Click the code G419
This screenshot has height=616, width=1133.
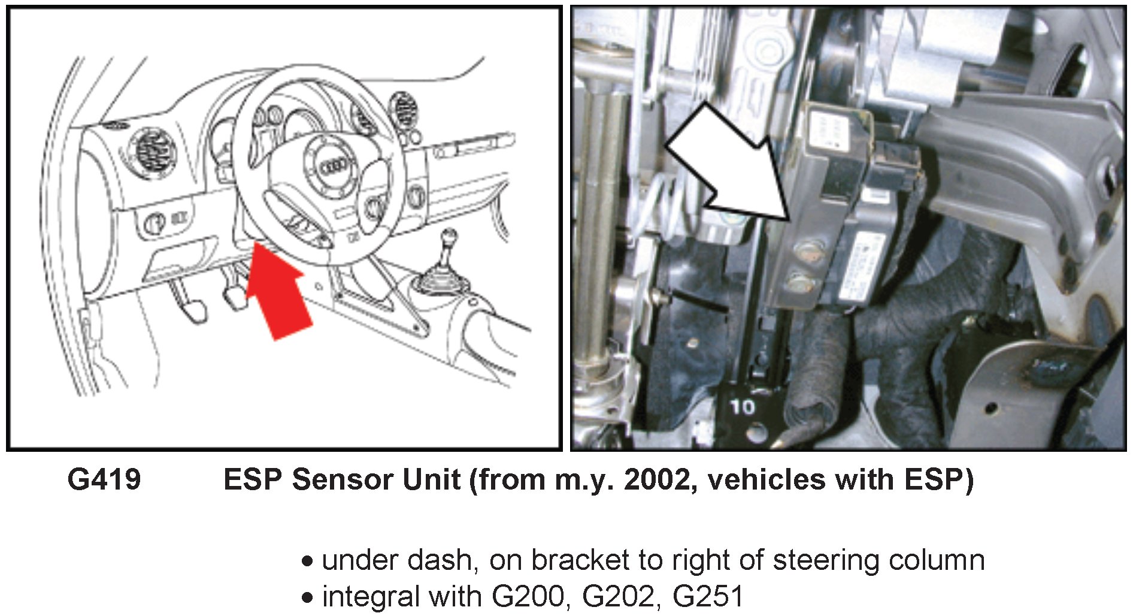point(104,479)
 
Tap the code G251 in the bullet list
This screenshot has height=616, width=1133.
point(708,596)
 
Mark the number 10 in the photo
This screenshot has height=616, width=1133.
point(743,407)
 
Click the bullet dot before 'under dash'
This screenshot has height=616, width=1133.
point(308,561)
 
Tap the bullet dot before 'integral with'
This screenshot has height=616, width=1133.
point(308,597)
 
